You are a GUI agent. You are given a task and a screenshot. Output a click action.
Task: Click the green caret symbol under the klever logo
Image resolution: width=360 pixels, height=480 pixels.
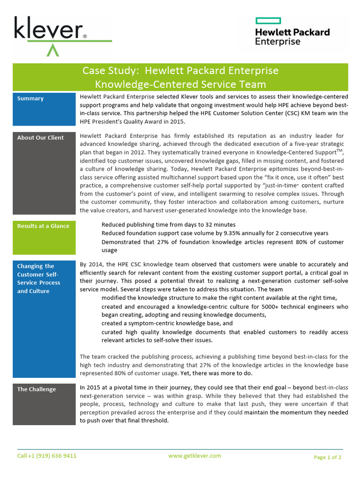point(53,50)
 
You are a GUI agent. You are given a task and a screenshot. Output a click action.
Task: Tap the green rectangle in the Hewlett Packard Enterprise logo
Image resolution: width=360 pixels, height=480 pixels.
point(268,21)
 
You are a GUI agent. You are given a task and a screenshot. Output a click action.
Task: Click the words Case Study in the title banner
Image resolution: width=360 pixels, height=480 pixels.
point(111,71)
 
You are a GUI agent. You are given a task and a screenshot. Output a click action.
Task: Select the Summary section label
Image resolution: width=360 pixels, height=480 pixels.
point(30,98)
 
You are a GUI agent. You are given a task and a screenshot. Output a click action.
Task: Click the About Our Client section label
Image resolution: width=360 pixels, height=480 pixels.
point(40,138)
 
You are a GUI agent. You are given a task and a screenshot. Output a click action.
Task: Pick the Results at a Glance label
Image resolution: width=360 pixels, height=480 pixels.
point(43,226)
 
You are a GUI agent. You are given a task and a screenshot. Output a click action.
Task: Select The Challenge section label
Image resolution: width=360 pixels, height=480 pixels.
point(37,389)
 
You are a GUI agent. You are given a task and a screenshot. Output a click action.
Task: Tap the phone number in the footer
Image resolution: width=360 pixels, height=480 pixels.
point(47,456)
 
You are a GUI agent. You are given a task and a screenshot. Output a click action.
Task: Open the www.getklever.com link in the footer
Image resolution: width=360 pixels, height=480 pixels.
point(195,456)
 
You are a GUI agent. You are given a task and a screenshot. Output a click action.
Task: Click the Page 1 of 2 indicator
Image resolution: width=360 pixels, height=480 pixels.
point(327,457)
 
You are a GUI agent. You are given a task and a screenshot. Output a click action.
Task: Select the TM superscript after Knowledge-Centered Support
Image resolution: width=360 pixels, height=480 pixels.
point(339,151)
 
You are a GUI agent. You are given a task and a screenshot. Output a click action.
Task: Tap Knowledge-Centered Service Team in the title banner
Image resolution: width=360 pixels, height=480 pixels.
point(180,84)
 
